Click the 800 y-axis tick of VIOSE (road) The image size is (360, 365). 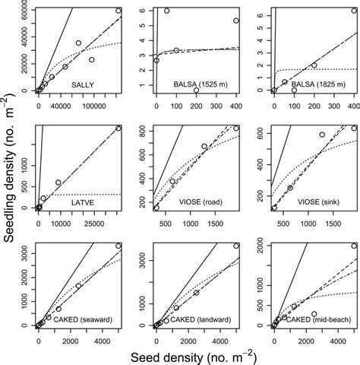145,129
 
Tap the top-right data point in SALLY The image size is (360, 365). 118,11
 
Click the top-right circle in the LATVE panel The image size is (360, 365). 118,128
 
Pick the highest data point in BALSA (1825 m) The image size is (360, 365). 353,11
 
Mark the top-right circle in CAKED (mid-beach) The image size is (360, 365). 353,246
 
